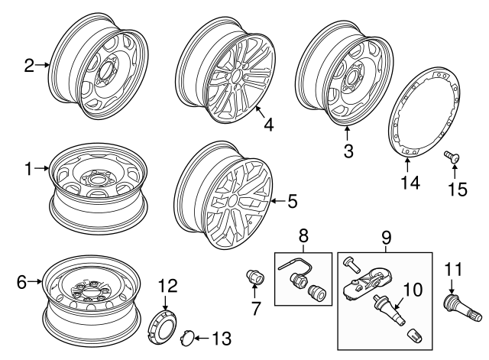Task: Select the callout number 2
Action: pyautogui.click(x=29, y=66)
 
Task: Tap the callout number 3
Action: pyautogui.click(x=348, y=151)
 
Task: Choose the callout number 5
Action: pyautogui.click(x=293, y=202)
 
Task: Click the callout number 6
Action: pyautogui.click(x=21, y=282)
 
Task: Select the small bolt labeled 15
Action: pyautogui.click(x=452, y=157)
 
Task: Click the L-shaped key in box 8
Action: pyautogui.click(x=291, y=265)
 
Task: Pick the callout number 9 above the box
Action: pyautogui.click(x=385, y=237)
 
